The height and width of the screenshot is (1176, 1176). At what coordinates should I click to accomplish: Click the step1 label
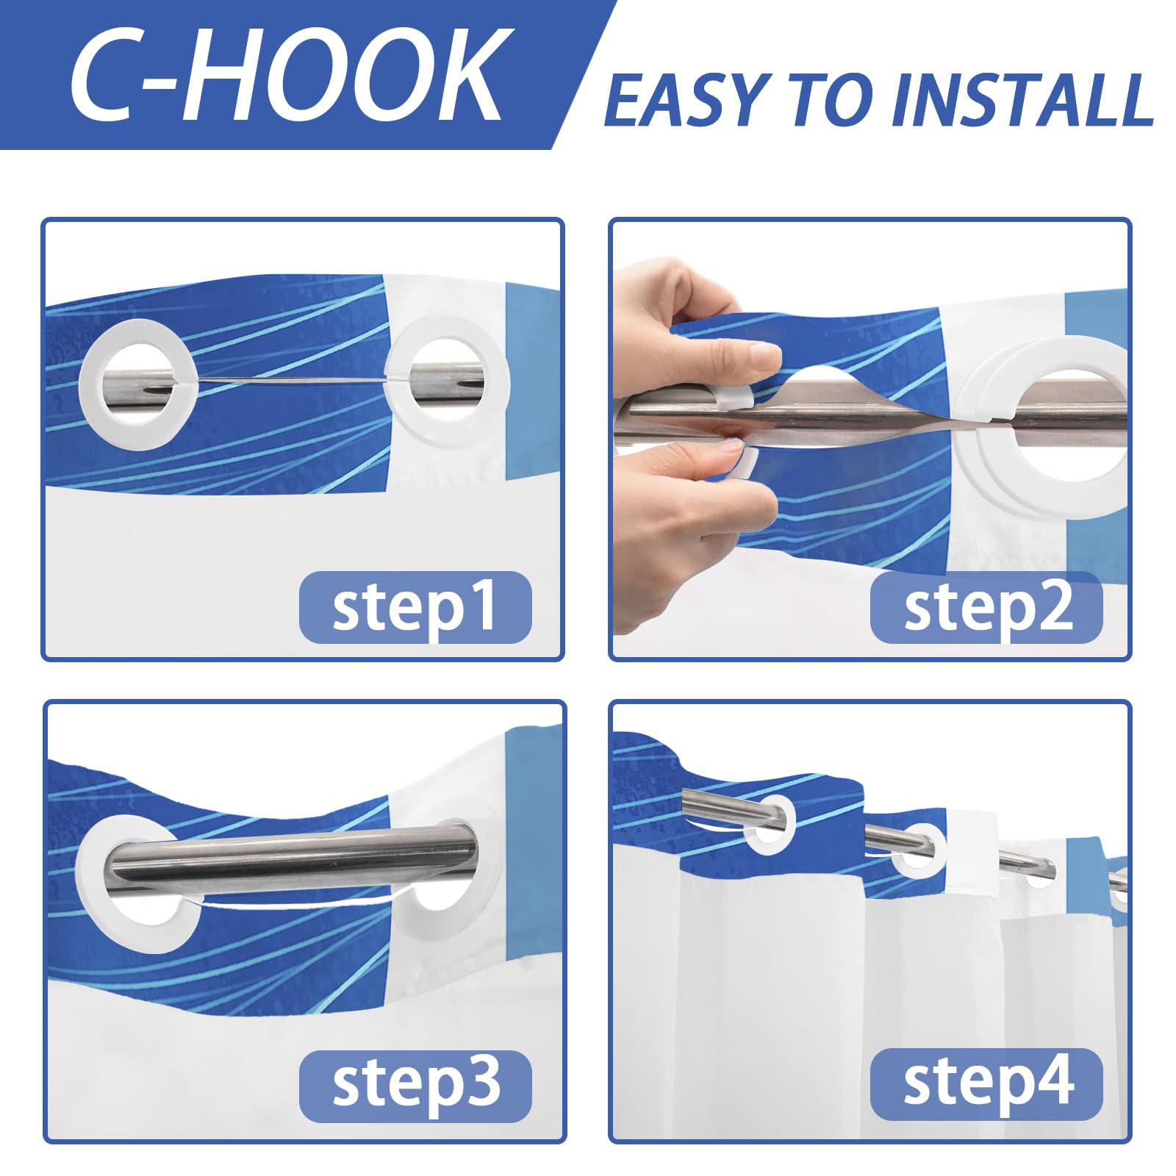415,608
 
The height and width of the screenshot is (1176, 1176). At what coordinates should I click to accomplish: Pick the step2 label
987,608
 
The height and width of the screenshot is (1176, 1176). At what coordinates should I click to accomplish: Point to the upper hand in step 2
691,316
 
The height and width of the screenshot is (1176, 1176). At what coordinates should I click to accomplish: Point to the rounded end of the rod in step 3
466,853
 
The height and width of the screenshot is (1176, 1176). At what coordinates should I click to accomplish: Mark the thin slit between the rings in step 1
290,380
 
